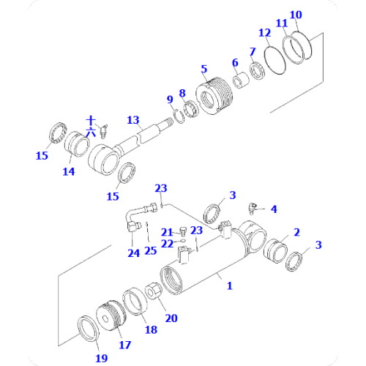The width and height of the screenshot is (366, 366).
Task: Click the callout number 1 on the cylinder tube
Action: [x=228, y=286]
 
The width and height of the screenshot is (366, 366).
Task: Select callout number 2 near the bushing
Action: [x=296, y=232]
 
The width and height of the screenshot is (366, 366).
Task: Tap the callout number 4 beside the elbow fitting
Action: [x=274, y=209]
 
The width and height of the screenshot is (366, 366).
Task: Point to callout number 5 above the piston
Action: [x=203, y=70]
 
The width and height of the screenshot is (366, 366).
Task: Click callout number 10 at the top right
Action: [x=296, y=15]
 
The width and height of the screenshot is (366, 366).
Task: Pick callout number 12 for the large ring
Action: [x=265, y=33]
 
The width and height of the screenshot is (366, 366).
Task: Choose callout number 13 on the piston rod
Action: [x=132, y=120]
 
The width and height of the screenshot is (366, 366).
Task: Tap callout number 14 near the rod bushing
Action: [x=68, y=172]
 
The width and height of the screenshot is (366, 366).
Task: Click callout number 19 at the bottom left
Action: [x=101, y=358]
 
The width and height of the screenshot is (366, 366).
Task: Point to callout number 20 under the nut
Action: [x=171, y=318]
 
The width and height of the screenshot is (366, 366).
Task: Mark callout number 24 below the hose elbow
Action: [x=133, y=254]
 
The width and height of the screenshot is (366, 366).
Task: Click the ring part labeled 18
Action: [x=135, y=302]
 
